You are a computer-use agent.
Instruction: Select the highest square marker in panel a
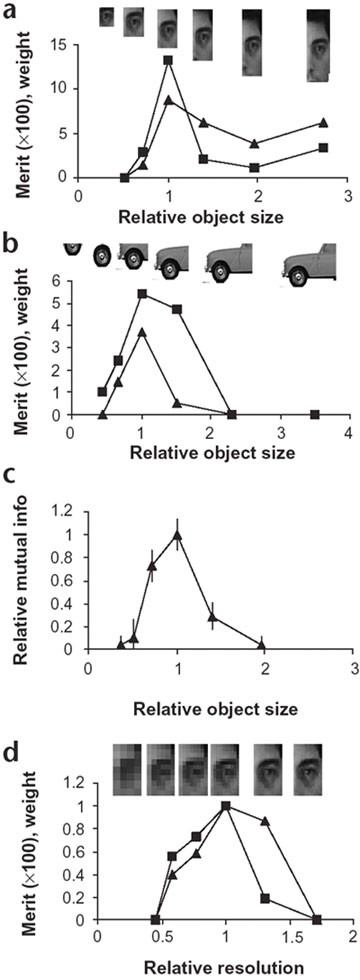[168, 60]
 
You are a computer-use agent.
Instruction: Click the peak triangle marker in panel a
[168, 100]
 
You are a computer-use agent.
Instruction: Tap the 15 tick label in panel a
[58, 45]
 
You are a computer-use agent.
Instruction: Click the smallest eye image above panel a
[107, 17]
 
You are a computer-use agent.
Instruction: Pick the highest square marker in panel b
[142, 294]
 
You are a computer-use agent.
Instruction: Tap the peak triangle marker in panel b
[142, 332]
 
